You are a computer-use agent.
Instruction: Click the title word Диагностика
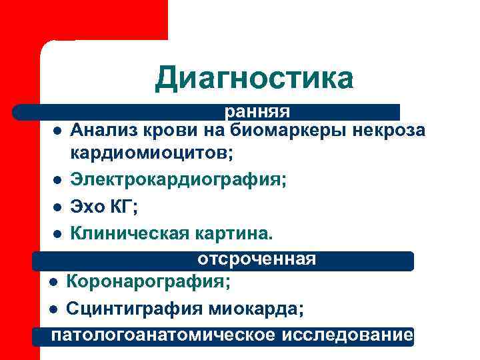click(254, 78)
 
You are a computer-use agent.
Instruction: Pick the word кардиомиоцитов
click(151, 153)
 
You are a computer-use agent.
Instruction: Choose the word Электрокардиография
click(178, 179)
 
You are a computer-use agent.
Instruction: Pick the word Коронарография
click(148, 282)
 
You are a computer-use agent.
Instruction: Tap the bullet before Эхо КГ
click(59, 207)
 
